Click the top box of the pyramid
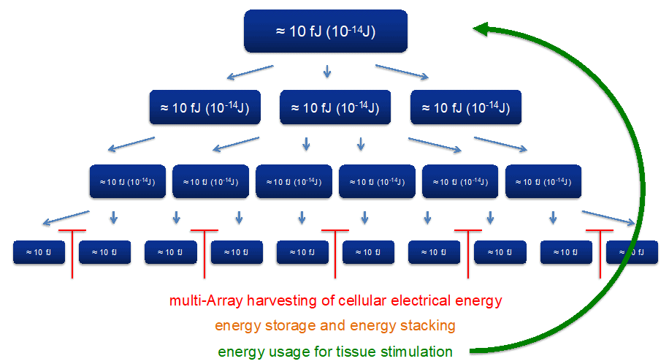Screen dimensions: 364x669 [x=325, y=31]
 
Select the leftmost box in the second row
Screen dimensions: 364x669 [x=204, y=108]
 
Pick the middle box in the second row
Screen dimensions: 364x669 [x=335, y=108]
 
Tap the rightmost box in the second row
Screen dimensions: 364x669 [x=465, y=108]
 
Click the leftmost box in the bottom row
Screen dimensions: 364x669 [x=39, y=252]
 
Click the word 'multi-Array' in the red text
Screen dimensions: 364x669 [x=202, y=300]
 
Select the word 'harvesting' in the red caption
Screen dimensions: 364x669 [x=272, y=300]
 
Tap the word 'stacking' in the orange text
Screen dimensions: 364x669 [x=429, y=325]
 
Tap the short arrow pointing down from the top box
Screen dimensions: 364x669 [x=326, y=71]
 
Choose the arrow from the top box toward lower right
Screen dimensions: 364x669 [x=402, y=72]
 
